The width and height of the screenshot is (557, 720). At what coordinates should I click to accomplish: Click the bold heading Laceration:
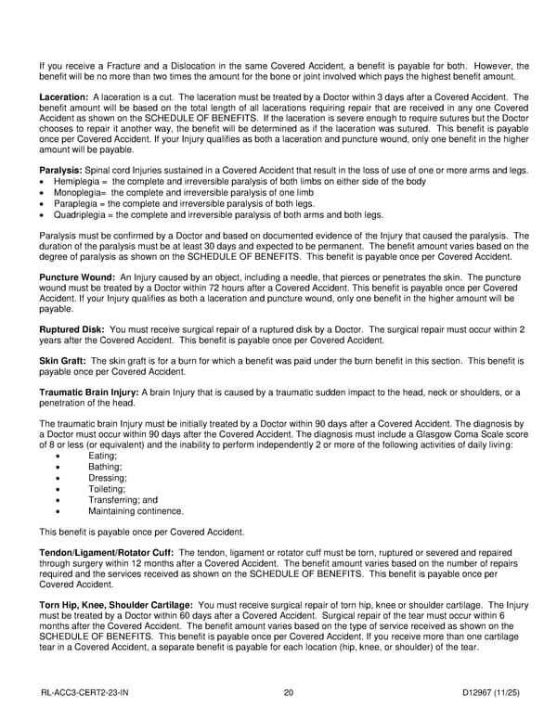coord(63,96)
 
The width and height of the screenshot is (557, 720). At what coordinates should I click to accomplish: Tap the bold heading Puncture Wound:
coord(78,278)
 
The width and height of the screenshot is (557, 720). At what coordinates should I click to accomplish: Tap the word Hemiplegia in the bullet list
coord(75,182)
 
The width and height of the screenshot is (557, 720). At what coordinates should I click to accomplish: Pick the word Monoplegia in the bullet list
coord(75,193)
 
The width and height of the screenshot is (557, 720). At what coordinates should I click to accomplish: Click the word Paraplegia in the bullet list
coord(74,203)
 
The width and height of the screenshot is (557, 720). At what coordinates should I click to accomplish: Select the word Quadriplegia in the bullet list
coord(78,214)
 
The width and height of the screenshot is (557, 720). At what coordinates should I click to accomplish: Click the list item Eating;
coord(102,456)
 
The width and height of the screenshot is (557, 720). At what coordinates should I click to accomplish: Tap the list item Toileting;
coord(106,488)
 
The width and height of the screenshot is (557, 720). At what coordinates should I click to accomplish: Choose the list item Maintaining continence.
coord(136,510)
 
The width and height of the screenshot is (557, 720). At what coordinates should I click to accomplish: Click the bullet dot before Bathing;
coord(59,467)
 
